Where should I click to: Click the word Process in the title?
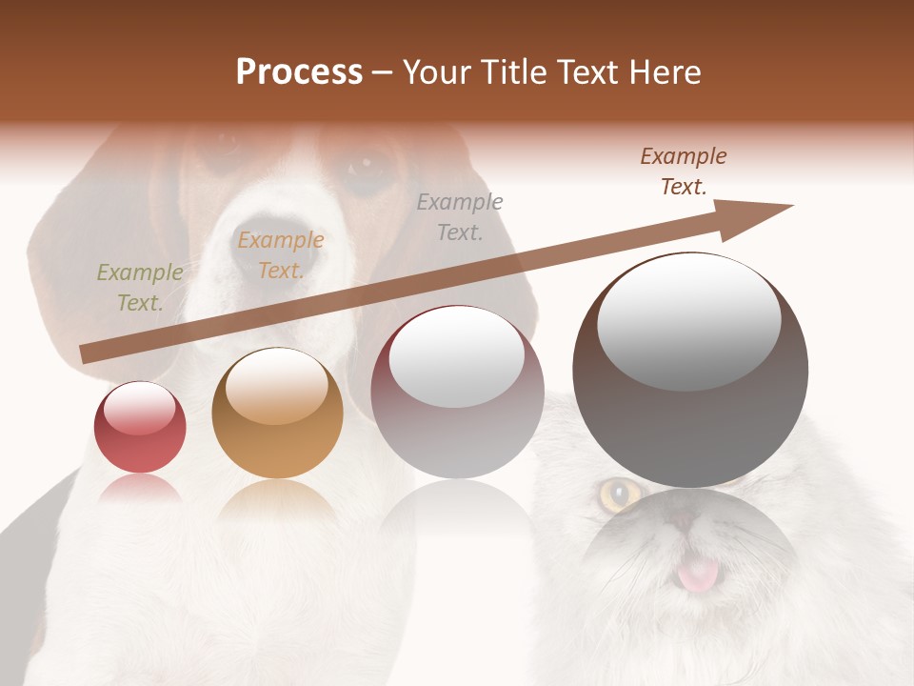[299, 72]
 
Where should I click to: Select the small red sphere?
[140, 427]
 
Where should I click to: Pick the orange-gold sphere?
[277, 413]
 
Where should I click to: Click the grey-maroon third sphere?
[457, 392]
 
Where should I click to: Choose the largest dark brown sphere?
[690, 370]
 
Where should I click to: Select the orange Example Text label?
[281, 255]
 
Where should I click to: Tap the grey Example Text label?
[460, 217]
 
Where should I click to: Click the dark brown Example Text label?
[683, 171]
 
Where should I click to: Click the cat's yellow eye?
[621, 494]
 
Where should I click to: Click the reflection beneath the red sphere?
[140, 490]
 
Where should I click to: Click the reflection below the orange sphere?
[277, 499]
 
